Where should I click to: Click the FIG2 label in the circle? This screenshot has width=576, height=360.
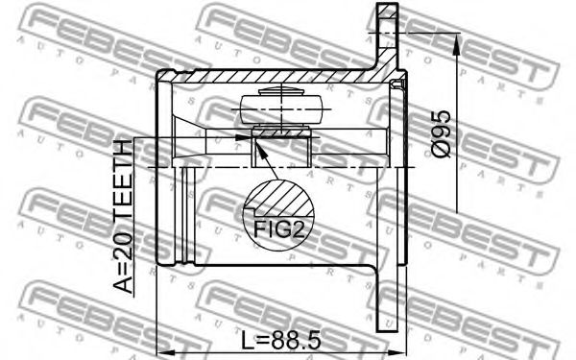279,229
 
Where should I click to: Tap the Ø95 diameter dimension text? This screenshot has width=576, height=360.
441,133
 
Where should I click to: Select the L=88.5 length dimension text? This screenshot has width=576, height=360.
281,340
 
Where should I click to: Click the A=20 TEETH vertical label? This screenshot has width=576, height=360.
123,216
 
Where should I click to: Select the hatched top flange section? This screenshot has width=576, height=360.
388,36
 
